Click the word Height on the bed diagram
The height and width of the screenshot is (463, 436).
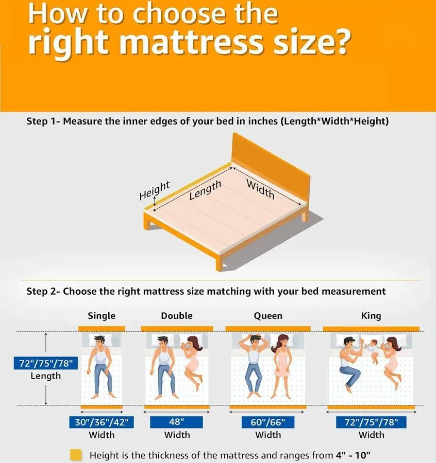(155, 190)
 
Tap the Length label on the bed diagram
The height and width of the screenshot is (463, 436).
(205, 190)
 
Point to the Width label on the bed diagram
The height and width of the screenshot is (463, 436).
(261, 189)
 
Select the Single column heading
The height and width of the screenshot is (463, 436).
(102, 316)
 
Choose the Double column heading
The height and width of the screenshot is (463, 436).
(177, 316)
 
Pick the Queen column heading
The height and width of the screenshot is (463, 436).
(268, 316)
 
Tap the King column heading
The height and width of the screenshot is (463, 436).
(371, 316)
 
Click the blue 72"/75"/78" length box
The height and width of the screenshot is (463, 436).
(45, 363)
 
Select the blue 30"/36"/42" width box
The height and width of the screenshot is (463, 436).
(102, 422)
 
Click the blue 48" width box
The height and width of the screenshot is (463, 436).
(176, 422)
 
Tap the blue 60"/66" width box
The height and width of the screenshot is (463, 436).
(267, 422)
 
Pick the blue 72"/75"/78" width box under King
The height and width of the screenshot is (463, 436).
(371, 422)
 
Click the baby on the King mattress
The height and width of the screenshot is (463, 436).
(373, 351)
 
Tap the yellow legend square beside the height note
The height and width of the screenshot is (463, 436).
(76, 455)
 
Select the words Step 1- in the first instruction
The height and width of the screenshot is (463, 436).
(43, 121)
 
